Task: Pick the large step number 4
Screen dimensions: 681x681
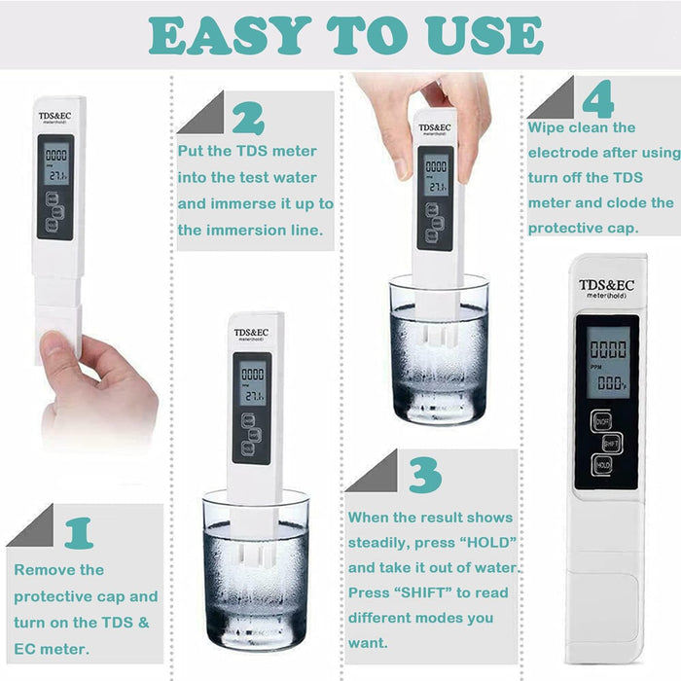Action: point(597,98)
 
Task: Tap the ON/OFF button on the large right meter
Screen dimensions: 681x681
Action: point(604,420)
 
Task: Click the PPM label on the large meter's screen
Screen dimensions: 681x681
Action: point(595,368)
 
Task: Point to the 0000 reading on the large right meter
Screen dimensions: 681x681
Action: point(607,348)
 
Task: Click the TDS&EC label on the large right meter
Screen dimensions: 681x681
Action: point(606,285)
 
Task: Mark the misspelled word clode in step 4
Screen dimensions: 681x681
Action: point(628,203)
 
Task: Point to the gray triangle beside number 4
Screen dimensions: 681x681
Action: point(552,97)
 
